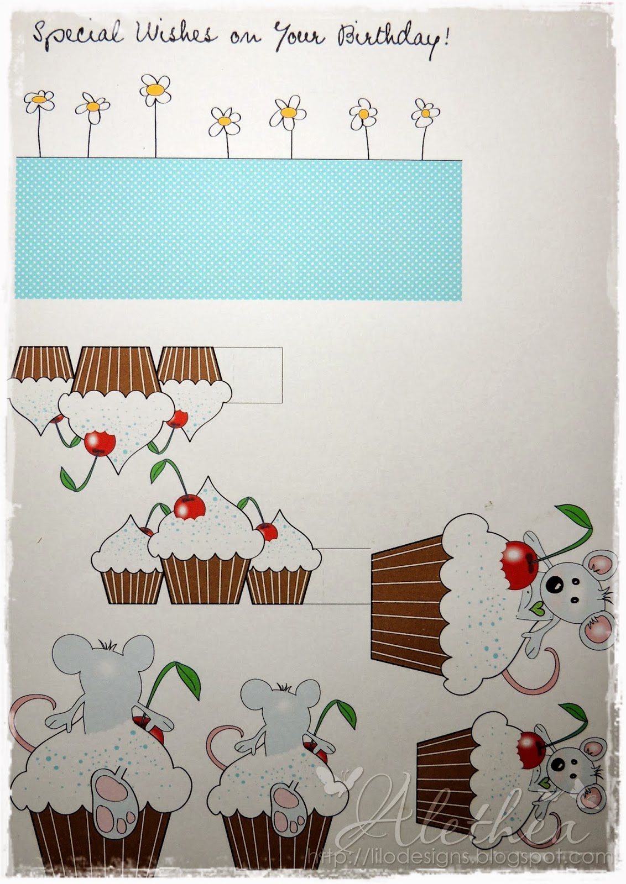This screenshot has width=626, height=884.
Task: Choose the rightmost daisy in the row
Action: [425, 113]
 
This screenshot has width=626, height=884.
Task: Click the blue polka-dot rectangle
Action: [238, 229]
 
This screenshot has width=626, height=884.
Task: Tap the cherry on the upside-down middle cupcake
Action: [100, 443]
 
